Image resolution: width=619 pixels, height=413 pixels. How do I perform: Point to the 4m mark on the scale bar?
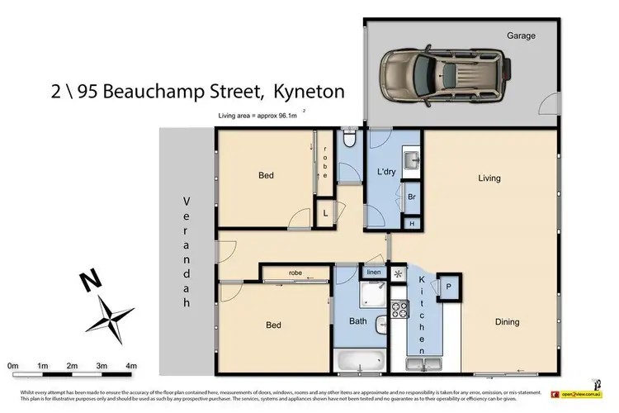pos(130,364)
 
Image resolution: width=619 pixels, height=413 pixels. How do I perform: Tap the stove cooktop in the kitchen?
pos(399,309)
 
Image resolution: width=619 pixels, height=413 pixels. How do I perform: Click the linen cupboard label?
pos(373,272)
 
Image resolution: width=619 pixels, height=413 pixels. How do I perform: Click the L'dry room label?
pos(385,172)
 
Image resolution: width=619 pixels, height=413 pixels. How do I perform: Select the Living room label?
pos(489,178)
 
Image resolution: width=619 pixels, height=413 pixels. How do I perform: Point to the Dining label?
pos(507,322)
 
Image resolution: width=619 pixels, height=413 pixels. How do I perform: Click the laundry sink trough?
pos(410,159)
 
